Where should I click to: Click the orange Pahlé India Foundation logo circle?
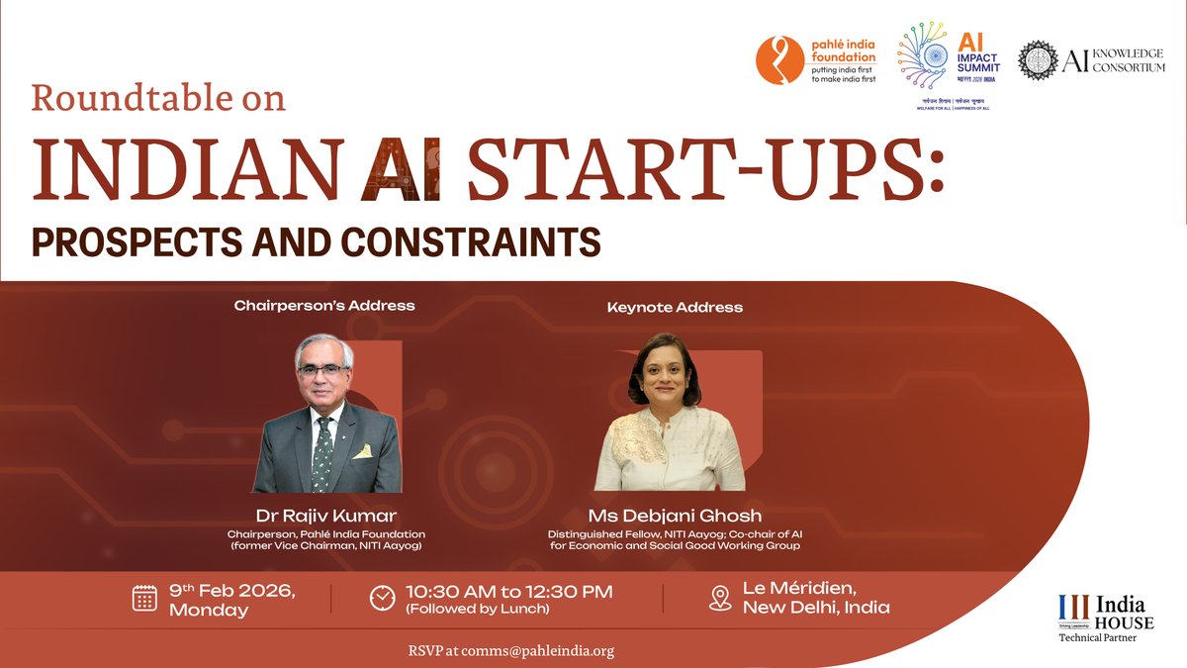pyautogui.click(x=780, y=60)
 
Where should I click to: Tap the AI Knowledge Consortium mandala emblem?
pyautogui.click(x=1038, y=60)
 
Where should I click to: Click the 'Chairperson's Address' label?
pyautogui.click(x=324, y=306)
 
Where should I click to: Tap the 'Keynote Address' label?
pyautogui.click(x=675, y=308)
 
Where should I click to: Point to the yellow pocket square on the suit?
pyautogui.click(x=363, y=451)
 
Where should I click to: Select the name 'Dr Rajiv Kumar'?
pyautogui.click(x=324, y=516)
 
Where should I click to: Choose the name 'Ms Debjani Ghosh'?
pyautogui.click(x=674, y=516)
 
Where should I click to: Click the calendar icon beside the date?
pyautogui.click(x=145, y=598)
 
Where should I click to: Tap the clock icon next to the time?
pyautogui.click(x=382, y=599)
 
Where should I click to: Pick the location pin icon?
pyautogui.click(x=720, y=599)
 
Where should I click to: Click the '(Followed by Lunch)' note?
pyautogui.click(x=477, y=610)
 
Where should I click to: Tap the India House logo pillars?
pyautogui.click(x=1072, y=606)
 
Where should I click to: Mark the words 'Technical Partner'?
pyautogui.click(x=1097, y=637)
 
